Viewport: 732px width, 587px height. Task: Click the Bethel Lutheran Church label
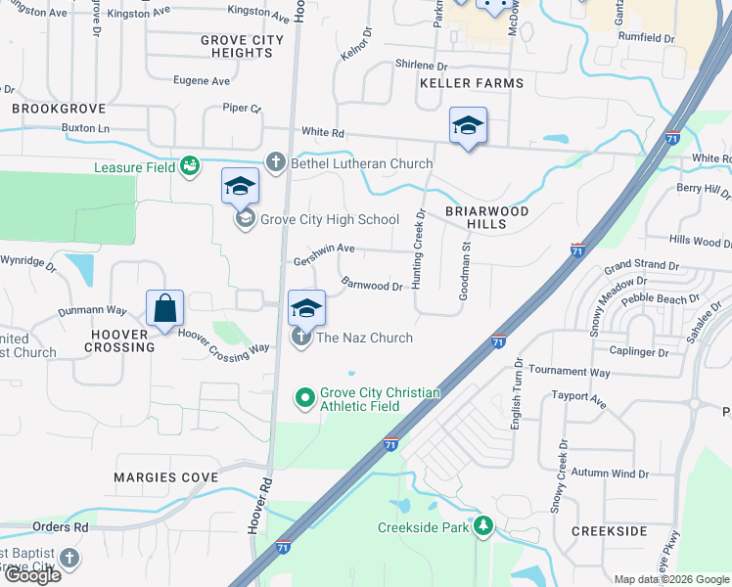pos(361,163)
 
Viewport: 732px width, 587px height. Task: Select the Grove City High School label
pos(330,219)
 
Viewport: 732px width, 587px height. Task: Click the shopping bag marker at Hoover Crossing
pos(165,309)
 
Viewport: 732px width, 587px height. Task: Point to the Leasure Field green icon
pos(190,167)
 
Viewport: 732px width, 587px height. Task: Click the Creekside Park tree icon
pos(482,527)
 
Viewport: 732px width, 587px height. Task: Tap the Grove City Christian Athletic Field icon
pos(305,397)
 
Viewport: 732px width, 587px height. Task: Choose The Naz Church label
pos(365,339)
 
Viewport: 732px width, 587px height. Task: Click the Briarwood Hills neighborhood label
pos(486,217)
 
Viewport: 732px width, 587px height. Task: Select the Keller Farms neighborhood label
pos(472,83)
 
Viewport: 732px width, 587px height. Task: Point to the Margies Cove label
pos(165,477)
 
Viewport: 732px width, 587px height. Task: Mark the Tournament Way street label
pos(569,373)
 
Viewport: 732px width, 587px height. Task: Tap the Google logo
pos(32,574)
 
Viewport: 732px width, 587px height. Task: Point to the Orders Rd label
pos(60,526)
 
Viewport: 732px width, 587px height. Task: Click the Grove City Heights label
pos(242,46)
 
